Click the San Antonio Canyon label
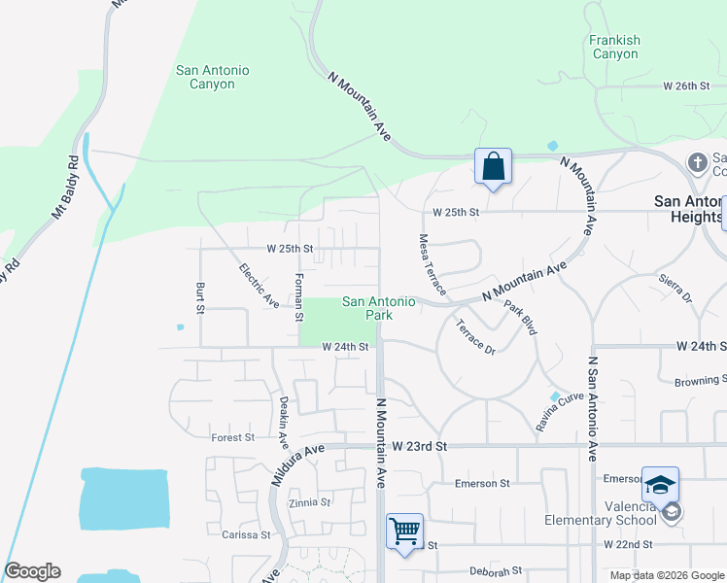coord(212,77)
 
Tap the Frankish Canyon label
coord(614,47)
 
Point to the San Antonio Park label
coord(378,308)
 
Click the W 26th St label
coord(686,86)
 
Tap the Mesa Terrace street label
coord(432,264)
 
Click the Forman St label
coord(299,291)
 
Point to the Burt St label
coord(200,298)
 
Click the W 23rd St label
coord(419,445)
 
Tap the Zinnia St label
coord(310,503)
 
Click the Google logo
coord(32,571)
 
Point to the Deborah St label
coord(496,571)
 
